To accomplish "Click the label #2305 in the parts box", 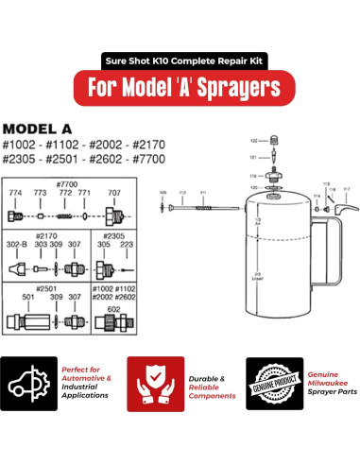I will coord(111,234).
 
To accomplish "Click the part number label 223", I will coord(126,243).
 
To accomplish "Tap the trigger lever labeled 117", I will coord(343,202).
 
